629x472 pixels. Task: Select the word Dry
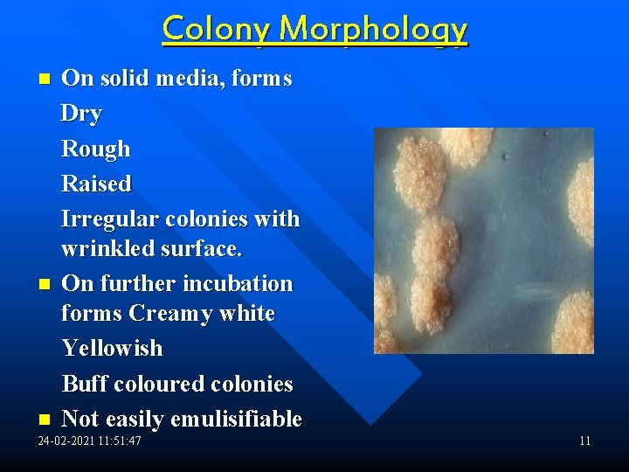81,114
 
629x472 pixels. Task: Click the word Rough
95,149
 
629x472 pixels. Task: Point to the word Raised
96,184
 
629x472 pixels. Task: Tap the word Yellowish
112,348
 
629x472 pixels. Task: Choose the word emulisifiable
236,420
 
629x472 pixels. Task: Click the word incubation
238,284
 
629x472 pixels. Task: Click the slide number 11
584,441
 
